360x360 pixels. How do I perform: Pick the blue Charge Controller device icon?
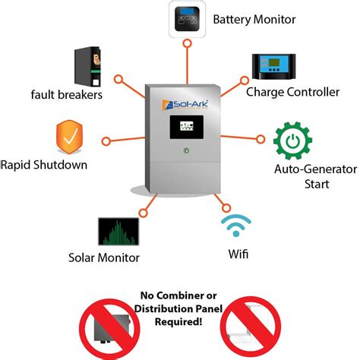(x=274, y=68)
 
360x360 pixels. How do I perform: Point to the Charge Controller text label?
(x=292, y=93)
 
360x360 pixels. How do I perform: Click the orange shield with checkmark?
(x=71, y=139)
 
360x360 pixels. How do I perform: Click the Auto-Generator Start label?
(x=307, y=175)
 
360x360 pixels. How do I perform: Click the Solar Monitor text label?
(x=104, y=258)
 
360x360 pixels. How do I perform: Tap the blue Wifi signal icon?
(x=235, y=226)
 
